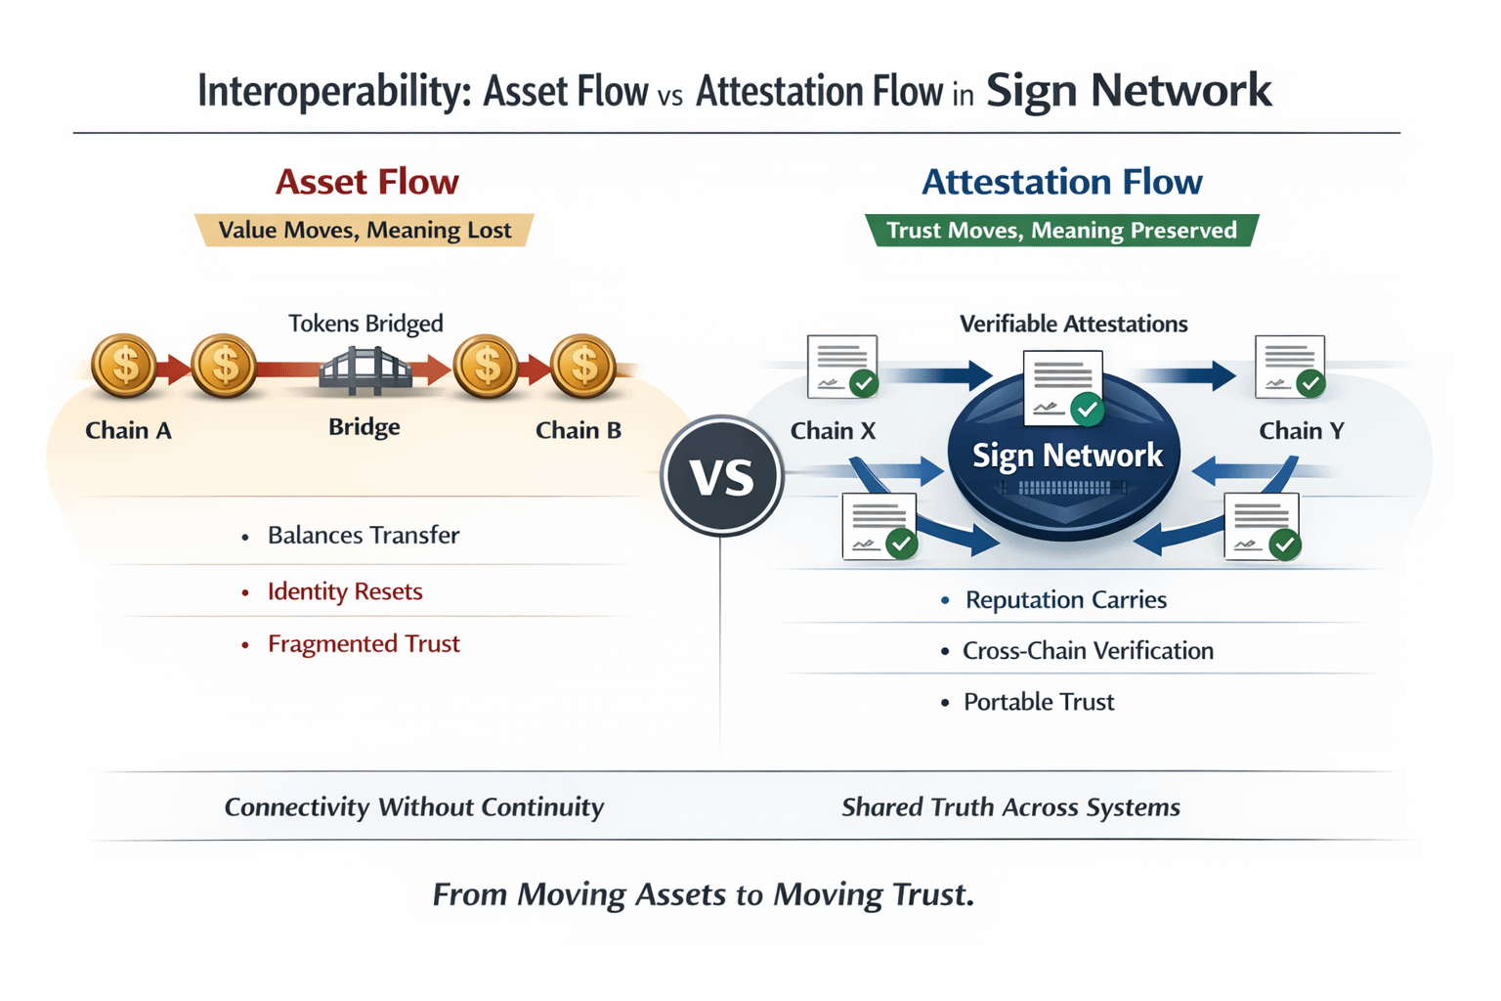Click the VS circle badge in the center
[722, 476]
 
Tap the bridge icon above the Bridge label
[365, 371]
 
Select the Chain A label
[128, 430]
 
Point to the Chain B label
[579, 430]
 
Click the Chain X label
[833, 431]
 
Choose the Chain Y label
[1302, 431]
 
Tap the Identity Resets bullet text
[345, 591]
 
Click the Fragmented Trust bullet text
[364, 644]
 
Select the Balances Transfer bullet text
[364, 536]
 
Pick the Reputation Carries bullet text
[1065, 600]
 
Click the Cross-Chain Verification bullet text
[1088, 651]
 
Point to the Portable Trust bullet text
[1039, 702]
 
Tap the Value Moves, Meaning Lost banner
[365, 231]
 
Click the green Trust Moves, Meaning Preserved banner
[1061, 231]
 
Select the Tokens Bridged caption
[365, 324]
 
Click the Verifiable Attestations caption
[1073, 325]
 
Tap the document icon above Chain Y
[1290, 368]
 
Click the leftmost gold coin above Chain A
[124, 366]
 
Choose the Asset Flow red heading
[366, 182]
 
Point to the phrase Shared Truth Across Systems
[1010, 807]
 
